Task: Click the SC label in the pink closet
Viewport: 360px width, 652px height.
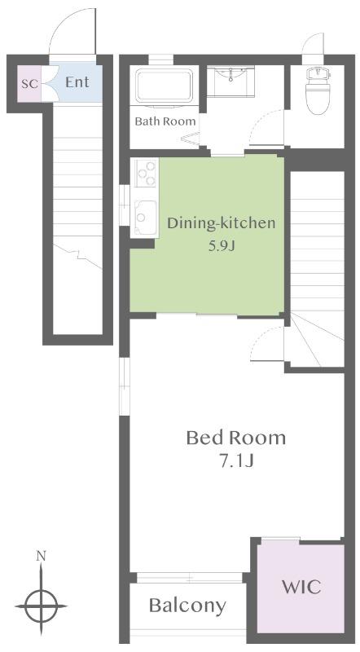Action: (29, 84)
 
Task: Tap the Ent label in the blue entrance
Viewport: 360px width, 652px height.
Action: (77, 82)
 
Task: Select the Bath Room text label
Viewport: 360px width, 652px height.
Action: (165, 121)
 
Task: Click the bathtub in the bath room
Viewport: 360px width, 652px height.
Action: (165, 86)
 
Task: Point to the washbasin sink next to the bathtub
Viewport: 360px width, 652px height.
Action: (230, 80)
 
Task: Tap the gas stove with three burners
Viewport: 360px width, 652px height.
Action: (145, 173)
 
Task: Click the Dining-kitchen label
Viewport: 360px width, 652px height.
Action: (222, 223)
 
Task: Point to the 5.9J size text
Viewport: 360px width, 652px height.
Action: (222, 247)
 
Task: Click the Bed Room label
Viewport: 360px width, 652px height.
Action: (236, 438)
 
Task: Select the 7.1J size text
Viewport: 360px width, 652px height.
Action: (236, 462)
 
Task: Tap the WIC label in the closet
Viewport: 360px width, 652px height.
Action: (301, 587)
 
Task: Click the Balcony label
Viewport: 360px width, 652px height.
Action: (187, 606)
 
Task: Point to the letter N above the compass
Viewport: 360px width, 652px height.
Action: (41, 556)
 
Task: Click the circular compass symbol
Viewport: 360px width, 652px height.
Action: (41, 606)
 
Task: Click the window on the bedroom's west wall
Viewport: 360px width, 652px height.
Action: (125, 386)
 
